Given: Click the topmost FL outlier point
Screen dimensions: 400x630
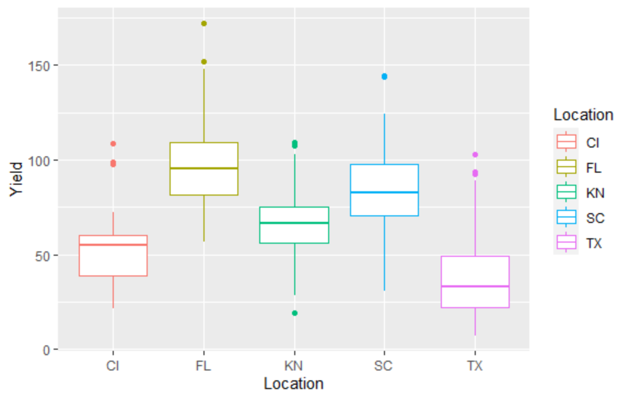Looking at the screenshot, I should coord(204,23).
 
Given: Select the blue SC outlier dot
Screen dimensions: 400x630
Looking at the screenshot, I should coord(384,77).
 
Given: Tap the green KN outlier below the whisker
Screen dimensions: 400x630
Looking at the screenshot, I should coord(295,313).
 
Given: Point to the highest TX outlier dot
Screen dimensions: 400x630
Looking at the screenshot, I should coord(475,155).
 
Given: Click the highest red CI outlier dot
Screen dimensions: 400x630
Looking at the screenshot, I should coord(113,144).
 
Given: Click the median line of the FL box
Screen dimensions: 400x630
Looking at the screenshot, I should coord(204,168).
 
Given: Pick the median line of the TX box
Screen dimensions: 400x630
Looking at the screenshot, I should coord(475,286).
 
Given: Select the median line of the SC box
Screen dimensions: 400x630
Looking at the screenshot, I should coord(384,192).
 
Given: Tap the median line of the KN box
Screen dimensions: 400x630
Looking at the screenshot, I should coord(295,223).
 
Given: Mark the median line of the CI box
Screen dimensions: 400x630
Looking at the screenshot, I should coord(113,245).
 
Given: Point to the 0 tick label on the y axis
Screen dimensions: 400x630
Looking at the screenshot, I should coord(47,350).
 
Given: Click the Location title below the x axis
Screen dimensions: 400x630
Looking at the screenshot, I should coord(294,384).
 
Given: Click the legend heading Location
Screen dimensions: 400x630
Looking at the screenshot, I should coord(583,115).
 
